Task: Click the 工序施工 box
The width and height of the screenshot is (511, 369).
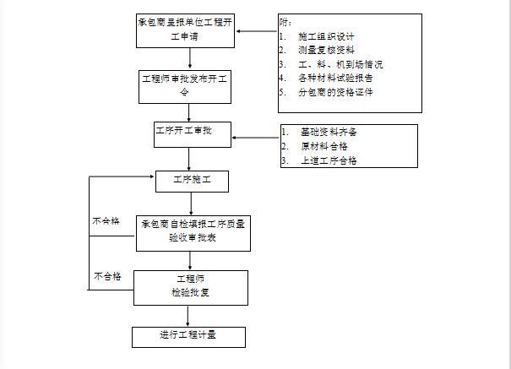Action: [192, 180]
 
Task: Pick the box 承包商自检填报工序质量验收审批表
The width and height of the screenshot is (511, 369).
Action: [194, 232]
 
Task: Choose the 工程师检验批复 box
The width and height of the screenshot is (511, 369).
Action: [191, 286]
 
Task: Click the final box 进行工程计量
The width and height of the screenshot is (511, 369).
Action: [189, 335]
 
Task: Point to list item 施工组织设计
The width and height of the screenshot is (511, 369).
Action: [326, 37]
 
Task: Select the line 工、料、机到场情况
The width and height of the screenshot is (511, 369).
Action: [340, 64]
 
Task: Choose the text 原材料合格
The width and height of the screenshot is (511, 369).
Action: [323, 146]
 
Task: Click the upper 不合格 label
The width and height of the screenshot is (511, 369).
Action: [106, 221]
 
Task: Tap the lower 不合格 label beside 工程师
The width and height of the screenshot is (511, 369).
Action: [107, 276]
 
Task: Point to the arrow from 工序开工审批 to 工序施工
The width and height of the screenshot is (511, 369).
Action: [189, 157]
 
